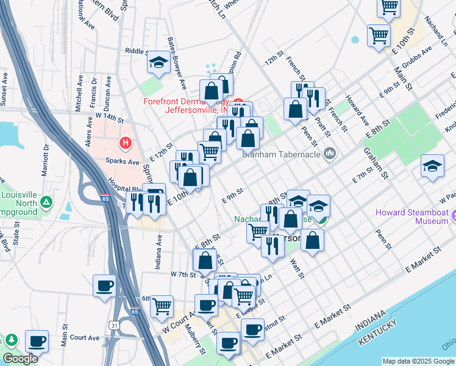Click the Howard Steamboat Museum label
click(x=411, y=217)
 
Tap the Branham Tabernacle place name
click(x=282, y=154)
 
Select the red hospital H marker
click(x=126, y=143)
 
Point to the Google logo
click(x=20, y=359)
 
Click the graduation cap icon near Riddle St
click(x=159, y=62)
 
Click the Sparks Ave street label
click(x=122, y=162)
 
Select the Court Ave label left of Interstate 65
click(x=84, y=337)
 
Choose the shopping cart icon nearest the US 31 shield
click(x=162, y=306)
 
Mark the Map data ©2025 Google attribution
click(x=418, y=361)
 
